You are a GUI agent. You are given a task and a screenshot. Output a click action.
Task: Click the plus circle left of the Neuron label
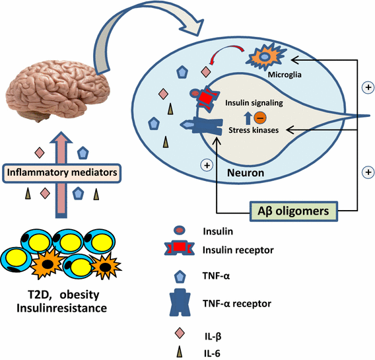207,166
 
